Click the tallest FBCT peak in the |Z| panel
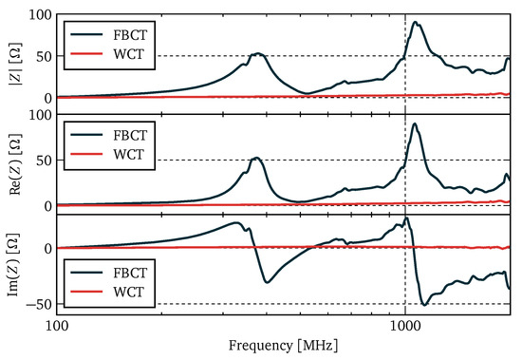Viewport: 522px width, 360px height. coord(415,23)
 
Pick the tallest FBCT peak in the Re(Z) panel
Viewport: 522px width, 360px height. coord(415,123)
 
